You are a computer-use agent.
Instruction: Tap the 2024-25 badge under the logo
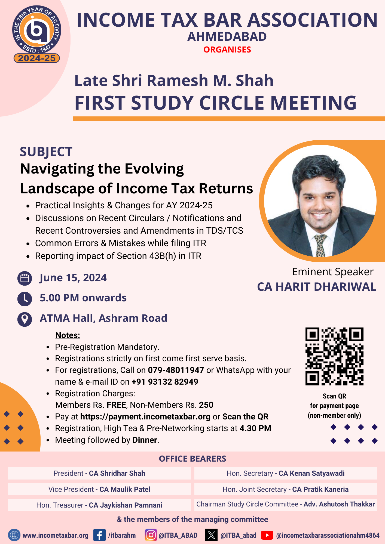tap(37, 58)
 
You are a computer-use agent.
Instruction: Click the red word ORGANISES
tap(227, 50)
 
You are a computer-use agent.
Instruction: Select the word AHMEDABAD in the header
tap(227, 37)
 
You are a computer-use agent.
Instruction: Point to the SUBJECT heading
tap(46, 152)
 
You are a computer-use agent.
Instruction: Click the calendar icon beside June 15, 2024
tap(25, 278)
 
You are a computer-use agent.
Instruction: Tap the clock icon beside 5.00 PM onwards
tap(25, 298)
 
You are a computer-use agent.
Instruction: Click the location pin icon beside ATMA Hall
tap(25, 319)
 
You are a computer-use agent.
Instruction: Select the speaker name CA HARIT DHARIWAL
tap(317, 287)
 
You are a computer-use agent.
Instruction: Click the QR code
tap(334, 356)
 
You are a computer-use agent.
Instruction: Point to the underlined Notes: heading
tap(68, 335)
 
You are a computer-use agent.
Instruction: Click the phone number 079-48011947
tap(176, 370)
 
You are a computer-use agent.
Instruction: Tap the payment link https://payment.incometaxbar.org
tap(145, 417)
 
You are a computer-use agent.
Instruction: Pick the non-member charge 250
tap(206, 405)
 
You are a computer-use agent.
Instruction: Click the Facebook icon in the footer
tap(99, 535)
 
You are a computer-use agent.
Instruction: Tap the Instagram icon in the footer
tap(151, 535)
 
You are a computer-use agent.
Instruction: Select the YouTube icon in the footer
tap(267, 535)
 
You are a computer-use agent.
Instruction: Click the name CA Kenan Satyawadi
tap(311, 474)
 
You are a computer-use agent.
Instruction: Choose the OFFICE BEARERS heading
tap(192, 459)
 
